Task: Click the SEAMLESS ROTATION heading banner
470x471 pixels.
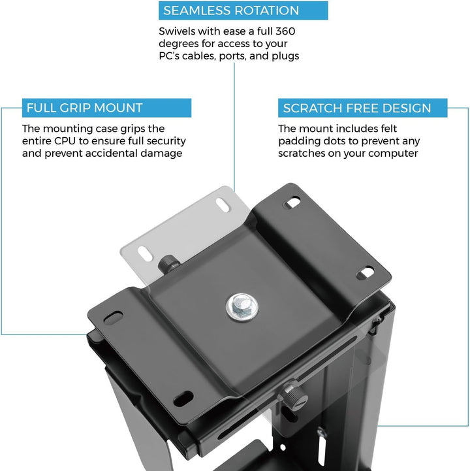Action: [x=243, y=10]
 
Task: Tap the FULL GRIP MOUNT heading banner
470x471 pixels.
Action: [x=106, y=108]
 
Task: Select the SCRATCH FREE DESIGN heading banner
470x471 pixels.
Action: [x=362, y=108]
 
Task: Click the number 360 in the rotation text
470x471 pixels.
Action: [x=285, y=31]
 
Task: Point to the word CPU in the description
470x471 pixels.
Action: [x=65, y=141]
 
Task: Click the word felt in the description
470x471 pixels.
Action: [x=388, y=129]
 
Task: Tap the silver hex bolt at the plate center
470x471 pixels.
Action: [x=242, y=307]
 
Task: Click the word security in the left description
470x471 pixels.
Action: [x=166, y=141]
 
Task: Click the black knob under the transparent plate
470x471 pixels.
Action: [x=168, y=264]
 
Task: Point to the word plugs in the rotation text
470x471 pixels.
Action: [x=285, y=56]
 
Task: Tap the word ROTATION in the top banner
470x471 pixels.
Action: [x=266, y=10]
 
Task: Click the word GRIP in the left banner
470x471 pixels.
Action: [x=71, y=108]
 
